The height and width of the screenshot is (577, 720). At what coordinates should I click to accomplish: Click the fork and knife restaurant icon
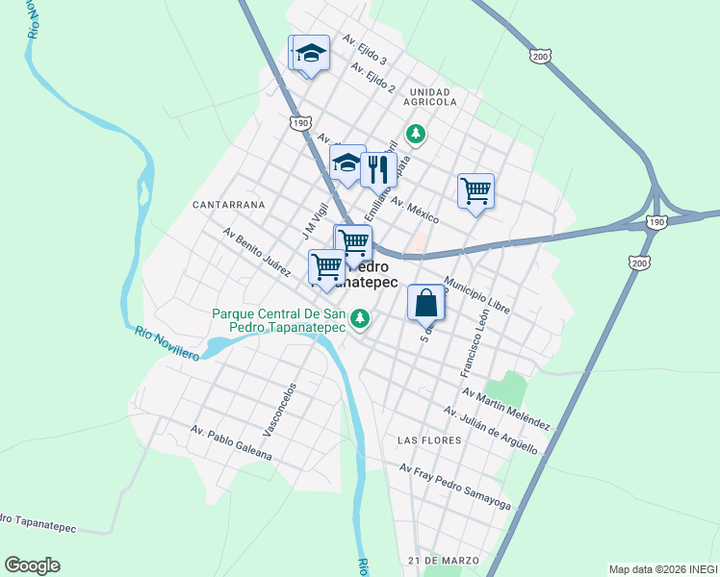click(x=378, y=169)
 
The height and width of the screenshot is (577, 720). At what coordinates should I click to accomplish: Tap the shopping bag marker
click(x=426, y=303)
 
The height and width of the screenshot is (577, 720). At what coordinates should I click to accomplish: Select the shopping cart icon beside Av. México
click(x=476, y=191)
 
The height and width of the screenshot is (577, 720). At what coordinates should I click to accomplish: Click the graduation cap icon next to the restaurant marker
click(x=347, y=163)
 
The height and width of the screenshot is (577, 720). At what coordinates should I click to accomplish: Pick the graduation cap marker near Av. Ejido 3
click(x=311, y=53)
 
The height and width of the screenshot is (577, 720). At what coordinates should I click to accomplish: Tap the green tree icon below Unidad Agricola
click(x=415, y=133)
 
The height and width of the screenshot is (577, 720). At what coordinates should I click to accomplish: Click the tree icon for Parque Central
click(x=360, y=316)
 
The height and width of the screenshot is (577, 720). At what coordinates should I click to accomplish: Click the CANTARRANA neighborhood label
click(x=228, y=205)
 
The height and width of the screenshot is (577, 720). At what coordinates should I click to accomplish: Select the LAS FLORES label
click(x=424, y=439)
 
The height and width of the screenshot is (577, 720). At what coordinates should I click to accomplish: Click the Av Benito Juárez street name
click(x=256, y=252)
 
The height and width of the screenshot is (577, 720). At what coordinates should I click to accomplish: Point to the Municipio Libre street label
click(x=476, y=291)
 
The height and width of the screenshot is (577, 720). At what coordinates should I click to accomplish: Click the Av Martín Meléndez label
click(x=505, y=409)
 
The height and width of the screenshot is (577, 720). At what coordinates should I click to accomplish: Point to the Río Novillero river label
click(x=167, y=344)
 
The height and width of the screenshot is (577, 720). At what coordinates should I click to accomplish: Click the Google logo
click(x=32, y=565)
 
